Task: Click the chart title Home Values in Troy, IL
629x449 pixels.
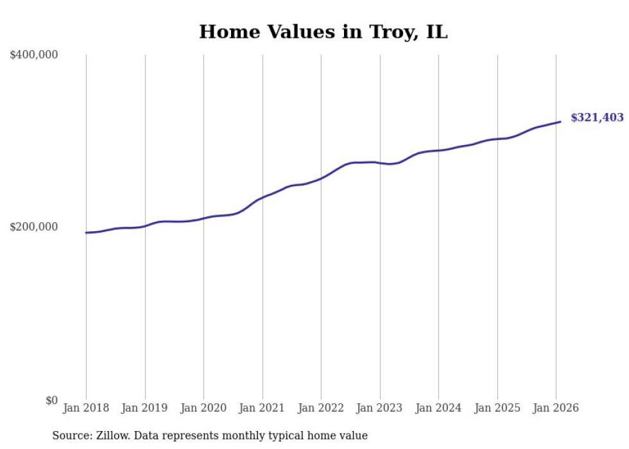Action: click(x=323, y=31)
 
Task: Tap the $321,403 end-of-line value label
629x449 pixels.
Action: click(x=596, y=118)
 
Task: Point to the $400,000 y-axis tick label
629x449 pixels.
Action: click(x=34, y=55)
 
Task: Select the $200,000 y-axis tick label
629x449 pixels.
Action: click(x=34, y=227)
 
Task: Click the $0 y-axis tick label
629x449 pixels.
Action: click(x=51, y=400)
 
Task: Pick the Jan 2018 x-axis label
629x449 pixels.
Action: click(x=86, y=408)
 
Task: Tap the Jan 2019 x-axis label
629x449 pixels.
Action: click(x=145, y=408)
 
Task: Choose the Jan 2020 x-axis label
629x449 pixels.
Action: click(x=203, y=408)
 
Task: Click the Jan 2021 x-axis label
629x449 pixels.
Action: click(x=263, y=408)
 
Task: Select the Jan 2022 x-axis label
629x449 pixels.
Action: click(x=321, y=408)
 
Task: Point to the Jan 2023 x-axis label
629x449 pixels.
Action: click(x=380, y=408)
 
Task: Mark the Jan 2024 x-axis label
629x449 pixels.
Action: click(x=438, y=408)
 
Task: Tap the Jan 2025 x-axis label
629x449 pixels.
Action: click(x=497, y=408)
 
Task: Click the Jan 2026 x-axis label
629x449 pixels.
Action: click(x=556, y=408)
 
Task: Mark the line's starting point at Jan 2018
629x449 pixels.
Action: click(x=86, y=233)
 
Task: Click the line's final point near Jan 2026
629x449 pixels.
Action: click(x=560, y=121)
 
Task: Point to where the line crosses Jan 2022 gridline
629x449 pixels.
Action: click(x=321, y=178)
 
